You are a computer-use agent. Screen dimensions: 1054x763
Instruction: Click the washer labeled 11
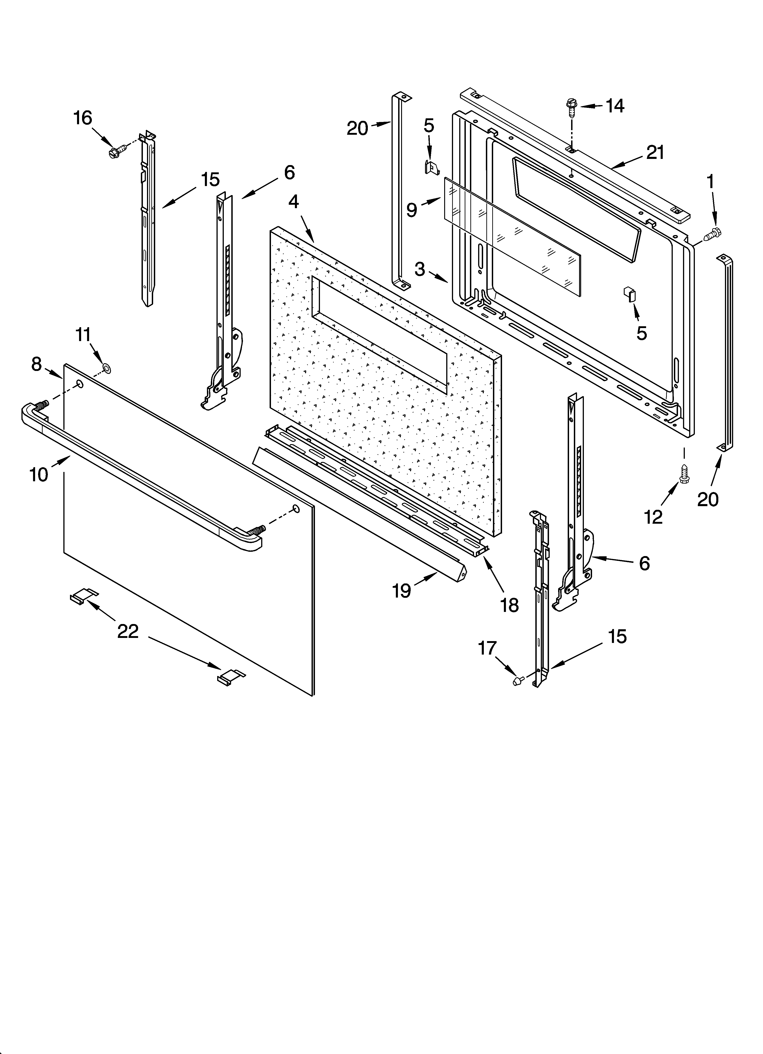coord(107,369)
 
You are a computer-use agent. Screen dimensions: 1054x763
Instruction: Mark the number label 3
coord(420,269)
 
